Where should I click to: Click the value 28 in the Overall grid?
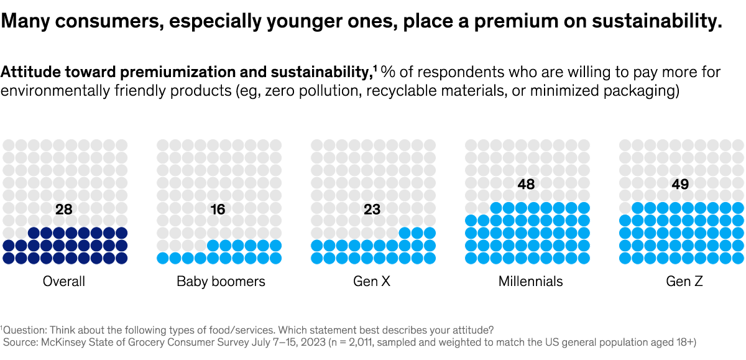coord(63,210)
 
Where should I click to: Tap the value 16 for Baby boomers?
coord(218,210)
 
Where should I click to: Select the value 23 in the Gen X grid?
coord(372,210)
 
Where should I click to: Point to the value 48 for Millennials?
coord(526,184)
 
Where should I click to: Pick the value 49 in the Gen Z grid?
coord(680,184)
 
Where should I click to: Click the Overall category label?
coord(63,281)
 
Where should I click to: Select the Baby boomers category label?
coord(221,281)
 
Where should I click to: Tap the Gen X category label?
coord(372,281)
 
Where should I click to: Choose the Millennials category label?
coord(530,281)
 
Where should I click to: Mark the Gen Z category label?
coord(684,281)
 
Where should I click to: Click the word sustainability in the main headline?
coord(654,22)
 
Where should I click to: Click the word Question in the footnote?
coord(23,329)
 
